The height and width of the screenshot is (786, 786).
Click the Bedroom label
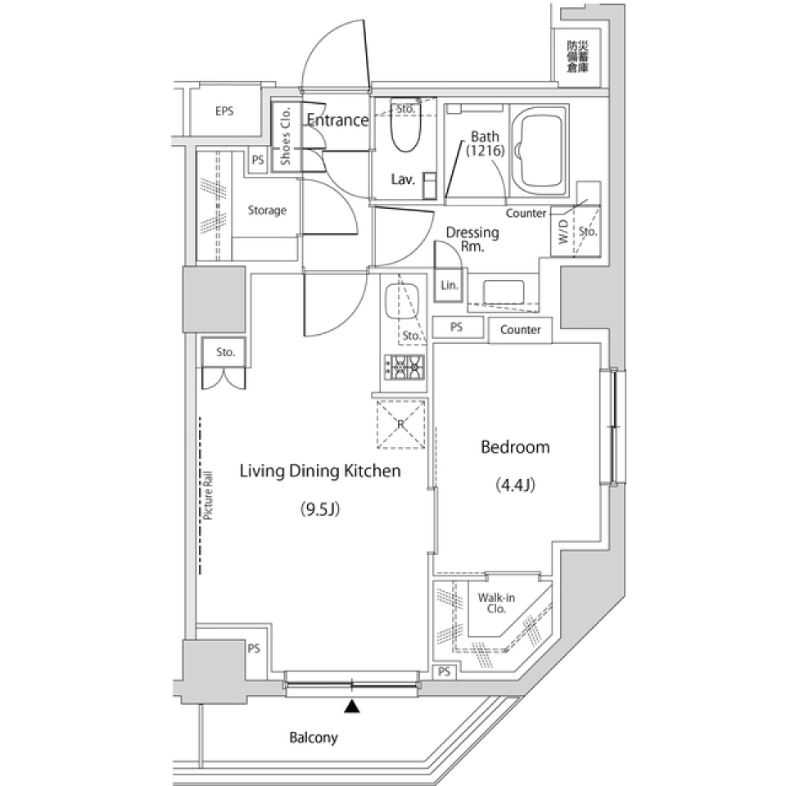(x=514, y=448)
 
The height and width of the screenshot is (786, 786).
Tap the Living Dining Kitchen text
(x=319, y=471)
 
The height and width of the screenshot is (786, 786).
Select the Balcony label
(x=313, y=738)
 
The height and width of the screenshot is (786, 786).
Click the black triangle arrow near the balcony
(x=352, y=706)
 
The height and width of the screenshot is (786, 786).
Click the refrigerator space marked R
(x=401, y=424)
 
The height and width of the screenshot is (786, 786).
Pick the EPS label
(x=224, y=111)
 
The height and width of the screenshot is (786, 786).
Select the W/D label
(x=563, y=233)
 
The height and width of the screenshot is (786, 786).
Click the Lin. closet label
(x=449, y=286)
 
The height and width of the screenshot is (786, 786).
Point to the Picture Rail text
(x=208, y=496)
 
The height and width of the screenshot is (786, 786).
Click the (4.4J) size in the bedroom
(x=515, y=486)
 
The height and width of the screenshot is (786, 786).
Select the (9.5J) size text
(x=319, y=509)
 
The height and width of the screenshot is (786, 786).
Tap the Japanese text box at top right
(x=577, y=57)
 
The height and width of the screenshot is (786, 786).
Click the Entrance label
(x=337, y=120)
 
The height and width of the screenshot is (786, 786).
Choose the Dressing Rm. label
(x=472, y=238)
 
